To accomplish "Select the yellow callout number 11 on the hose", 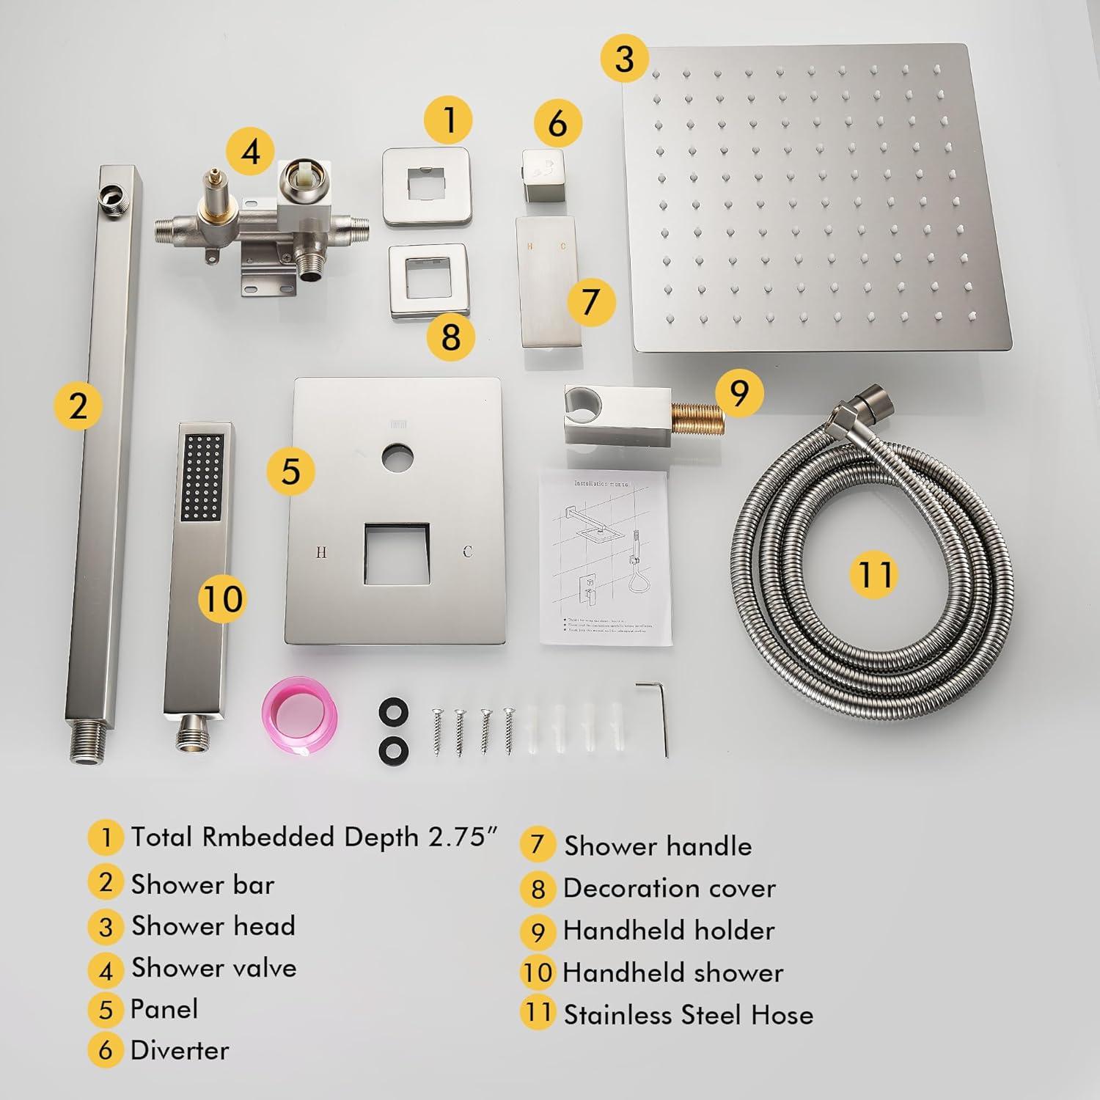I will [874, 573].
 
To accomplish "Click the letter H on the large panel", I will [320, 552].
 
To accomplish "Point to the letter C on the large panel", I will [467, 551].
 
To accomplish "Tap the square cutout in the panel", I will [396, 554].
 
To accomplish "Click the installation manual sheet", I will [605, 557].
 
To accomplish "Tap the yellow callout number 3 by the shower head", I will [624, 58].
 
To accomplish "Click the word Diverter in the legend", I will [180, 1050].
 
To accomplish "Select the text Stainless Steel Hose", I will [688, 1015].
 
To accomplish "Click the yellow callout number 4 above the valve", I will [251, 153].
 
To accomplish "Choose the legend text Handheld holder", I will [668, 931].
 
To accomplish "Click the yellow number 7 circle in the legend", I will [538, 845].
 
